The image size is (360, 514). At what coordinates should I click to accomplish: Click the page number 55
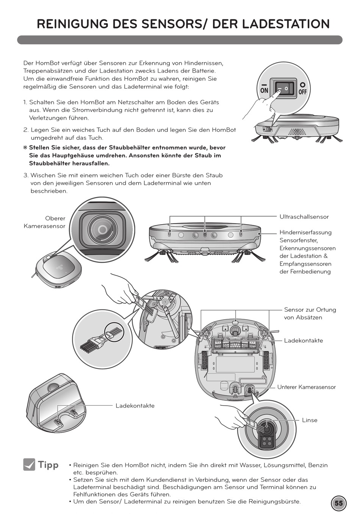tap(338, 503)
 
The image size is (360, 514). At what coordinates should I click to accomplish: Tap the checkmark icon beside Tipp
tap(29, 464)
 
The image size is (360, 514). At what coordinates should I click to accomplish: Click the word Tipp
tap(48, 465)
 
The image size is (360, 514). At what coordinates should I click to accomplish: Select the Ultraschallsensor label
tap(304, 217)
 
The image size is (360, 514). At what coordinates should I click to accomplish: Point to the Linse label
tap(310, 420)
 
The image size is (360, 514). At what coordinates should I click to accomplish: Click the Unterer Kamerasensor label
tap(306, 387)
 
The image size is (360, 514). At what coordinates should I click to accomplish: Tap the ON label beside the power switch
tap(264, 91)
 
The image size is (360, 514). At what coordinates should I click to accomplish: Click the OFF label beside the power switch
tap(302, 92)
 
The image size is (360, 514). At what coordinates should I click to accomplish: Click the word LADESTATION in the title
tap(286, 24)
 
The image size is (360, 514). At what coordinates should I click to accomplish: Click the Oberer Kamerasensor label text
tap(45, 222)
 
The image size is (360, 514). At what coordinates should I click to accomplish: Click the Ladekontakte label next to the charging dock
tap(135, 406)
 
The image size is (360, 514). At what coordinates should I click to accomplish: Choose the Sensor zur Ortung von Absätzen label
tap(310, 314)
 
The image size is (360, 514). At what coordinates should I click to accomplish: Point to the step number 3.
tap(26, 175)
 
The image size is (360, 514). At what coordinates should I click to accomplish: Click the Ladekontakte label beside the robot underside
tap(304, 341)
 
